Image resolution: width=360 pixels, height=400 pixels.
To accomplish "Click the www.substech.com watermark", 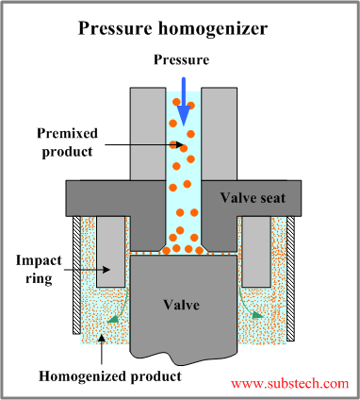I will [x=289, y=384].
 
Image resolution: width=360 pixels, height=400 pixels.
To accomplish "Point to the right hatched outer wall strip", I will [x=292, y=278].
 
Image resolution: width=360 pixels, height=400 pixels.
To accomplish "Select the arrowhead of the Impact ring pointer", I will [x=106, y=269].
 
